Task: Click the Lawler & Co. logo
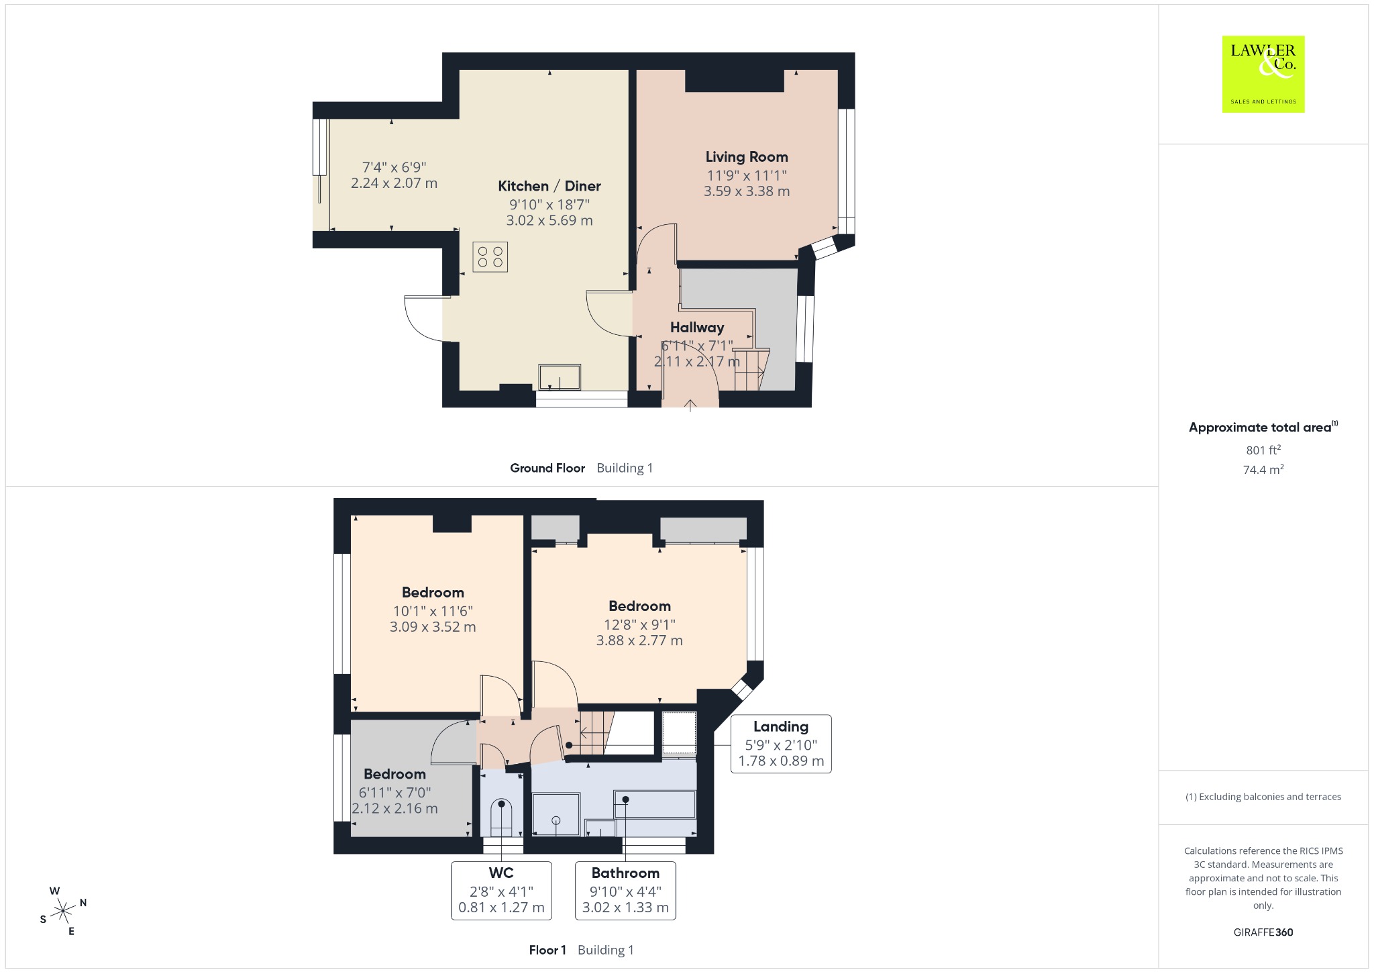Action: [1263, 74]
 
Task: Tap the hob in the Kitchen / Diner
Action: [490, 257]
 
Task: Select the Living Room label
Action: [747, 156]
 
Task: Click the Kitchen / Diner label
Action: [549, 186]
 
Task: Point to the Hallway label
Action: [697, 328]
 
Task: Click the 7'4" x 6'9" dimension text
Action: [394, 167]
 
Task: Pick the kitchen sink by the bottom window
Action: [560, 377]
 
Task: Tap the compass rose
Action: [64, 911]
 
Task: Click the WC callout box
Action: [501, 890]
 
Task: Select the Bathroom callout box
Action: [625, 890]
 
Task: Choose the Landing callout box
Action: [781, 744]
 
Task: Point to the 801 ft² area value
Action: [1263, 450]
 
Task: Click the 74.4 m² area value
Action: [1263, 469]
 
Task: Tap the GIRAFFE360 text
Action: [1263, 932]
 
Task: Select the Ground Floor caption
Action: [547, 468]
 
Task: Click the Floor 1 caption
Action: [547, 950]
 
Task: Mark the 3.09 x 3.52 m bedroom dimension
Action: [433, 627]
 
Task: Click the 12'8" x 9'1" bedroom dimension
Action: [639, 624]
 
